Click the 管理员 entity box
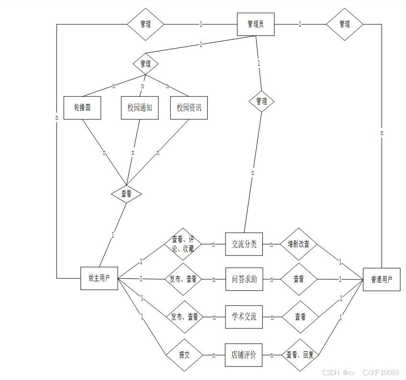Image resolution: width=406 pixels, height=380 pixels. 256,24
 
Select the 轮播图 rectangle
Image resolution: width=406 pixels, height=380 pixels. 82,108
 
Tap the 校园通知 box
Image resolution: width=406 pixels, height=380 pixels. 139,108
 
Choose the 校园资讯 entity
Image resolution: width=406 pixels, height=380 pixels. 189,108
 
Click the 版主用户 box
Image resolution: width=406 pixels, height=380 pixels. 99,278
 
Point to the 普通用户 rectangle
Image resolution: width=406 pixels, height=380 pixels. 382,279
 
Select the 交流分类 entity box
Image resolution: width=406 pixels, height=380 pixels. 244,244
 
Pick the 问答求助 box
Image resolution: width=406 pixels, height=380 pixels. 244,279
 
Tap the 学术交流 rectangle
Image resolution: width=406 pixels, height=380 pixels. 244,317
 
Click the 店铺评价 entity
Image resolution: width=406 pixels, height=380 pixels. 244,355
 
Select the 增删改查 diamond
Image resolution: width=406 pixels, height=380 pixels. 299,244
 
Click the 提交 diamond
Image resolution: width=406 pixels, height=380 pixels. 184,355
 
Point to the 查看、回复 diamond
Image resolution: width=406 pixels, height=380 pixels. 299,355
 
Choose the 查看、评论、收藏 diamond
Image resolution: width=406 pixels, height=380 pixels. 183,244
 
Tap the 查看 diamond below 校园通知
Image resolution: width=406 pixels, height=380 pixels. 126,194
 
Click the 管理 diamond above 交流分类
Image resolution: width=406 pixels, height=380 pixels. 261,101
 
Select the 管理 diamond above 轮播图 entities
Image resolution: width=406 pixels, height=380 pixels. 146,63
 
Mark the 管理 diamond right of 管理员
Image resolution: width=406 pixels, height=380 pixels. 344,24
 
